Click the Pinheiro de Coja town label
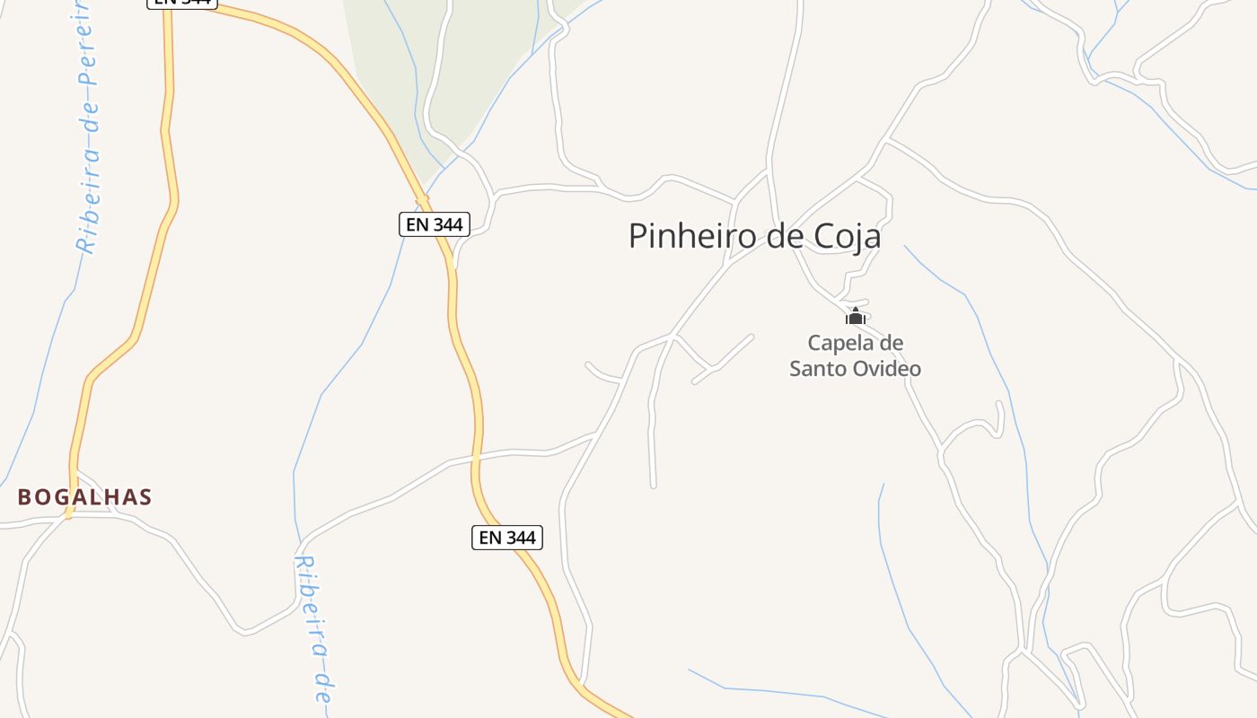coord(754,236)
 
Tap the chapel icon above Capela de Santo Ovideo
coord(855,316)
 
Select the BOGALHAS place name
coord(84,497)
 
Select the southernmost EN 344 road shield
coord(506,538)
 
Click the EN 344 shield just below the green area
coord(435,224)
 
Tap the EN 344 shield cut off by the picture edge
coord(182,3)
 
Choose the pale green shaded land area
coord(449,72)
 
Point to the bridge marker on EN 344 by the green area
coord(421,197)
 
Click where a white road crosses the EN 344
coord(476,459)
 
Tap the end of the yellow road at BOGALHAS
coord(68,514)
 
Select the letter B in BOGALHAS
coord(25,497)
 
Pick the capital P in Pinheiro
coord(637,236)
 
